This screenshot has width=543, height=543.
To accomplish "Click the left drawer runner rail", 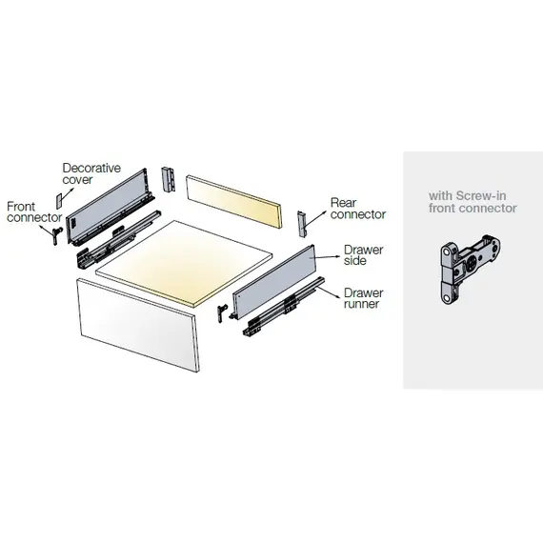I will pos(114,237).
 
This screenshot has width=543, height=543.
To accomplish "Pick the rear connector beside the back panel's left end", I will pos(170,177).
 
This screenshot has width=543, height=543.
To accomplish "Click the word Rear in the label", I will pos(344,203).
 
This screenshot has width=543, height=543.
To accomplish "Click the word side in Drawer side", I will pos(353,262).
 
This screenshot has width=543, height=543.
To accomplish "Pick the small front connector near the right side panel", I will pos(223,311).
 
